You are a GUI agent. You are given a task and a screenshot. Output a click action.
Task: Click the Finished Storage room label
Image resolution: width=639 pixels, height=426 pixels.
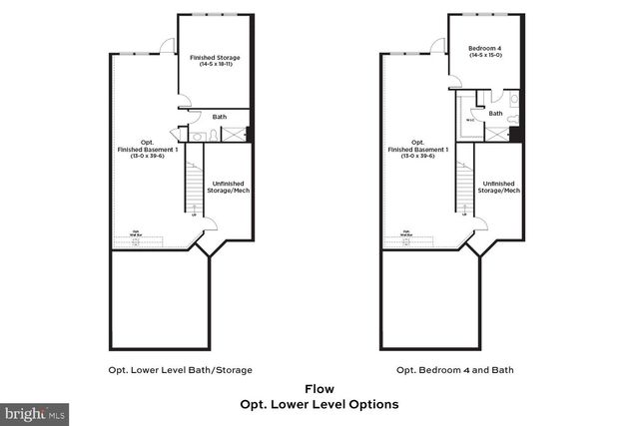pos(215,58)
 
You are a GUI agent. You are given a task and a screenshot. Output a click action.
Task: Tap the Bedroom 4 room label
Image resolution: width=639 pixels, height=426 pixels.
pos(487,46)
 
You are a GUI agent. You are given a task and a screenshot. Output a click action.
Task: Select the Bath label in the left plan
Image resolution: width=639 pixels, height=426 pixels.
pos(219,116)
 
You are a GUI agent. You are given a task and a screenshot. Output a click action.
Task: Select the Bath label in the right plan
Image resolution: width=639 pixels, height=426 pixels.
pos(495,114)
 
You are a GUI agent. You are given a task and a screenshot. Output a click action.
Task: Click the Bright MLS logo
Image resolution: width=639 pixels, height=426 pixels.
pos(35,411)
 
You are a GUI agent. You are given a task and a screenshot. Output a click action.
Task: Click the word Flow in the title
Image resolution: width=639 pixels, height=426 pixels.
pos(319,389)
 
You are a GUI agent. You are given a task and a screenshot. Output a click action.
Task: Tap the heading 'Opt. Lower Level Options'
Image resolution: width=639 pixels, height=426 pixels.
pos(319,404)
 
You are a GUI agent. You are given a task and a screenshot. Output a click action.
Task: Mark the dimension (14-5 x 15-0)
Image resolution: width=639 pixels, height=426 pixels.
pos(487,53)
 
